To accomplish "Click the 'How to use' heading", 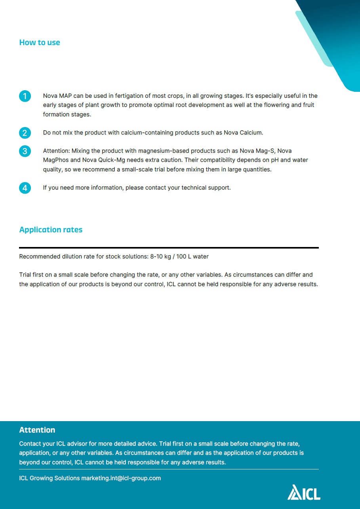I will point(40,43).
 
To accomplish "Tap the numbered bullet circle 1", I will point(25,96).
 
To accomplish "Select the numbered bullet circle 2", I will point(25,133).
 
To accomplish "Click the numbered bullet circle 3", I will point(25,151).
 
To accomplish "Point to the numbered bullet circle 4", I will point(25,188).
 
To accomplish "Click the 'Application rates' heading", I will point(51,230).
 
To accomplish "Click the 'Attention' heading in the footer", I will point(37,430).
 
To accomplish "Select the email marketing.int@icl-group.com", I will point(121,478).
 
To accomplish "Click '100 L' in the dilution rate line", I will point(184,256).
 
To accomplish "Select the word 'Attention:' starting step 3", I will point(56,151).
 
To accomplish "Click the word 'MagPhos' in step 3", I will point(56,160).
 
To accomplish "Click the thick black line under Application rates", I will point(169,248).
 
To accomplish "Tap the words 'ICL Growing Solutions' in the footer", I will point(50,478).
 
